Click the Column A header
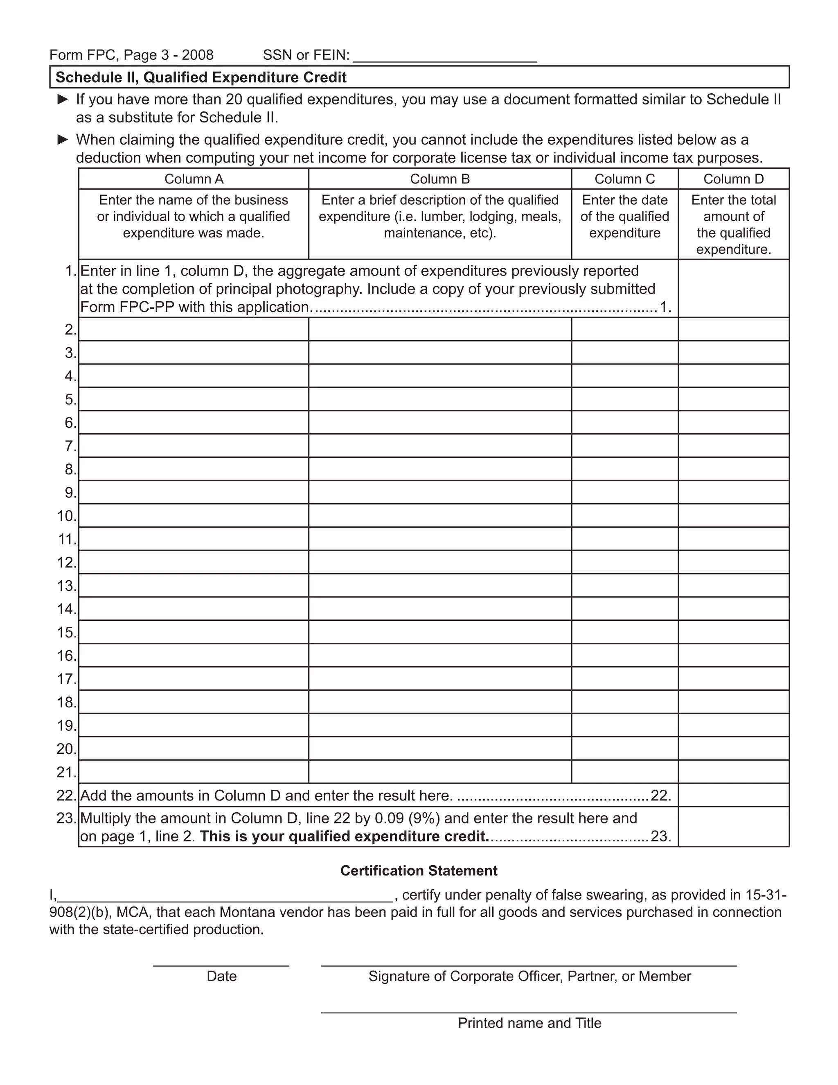(x=194, y=179)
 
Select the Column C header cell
(x=624, y=179)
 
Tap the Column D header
(x=733, y=179)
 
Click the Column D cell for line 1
(x=733, y=289)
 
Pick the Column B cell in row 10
(x=440, y=515)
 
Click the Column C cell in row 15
(x=624, y=632)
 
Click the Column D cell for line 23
(x=733, y=827)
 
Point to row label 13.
(x=67, y=586)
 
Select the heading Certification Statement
(x=419, y=871)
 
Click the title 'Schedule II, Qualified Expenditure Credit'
(x=201, y=77)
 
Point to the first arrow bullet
(x=63, y=99)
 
